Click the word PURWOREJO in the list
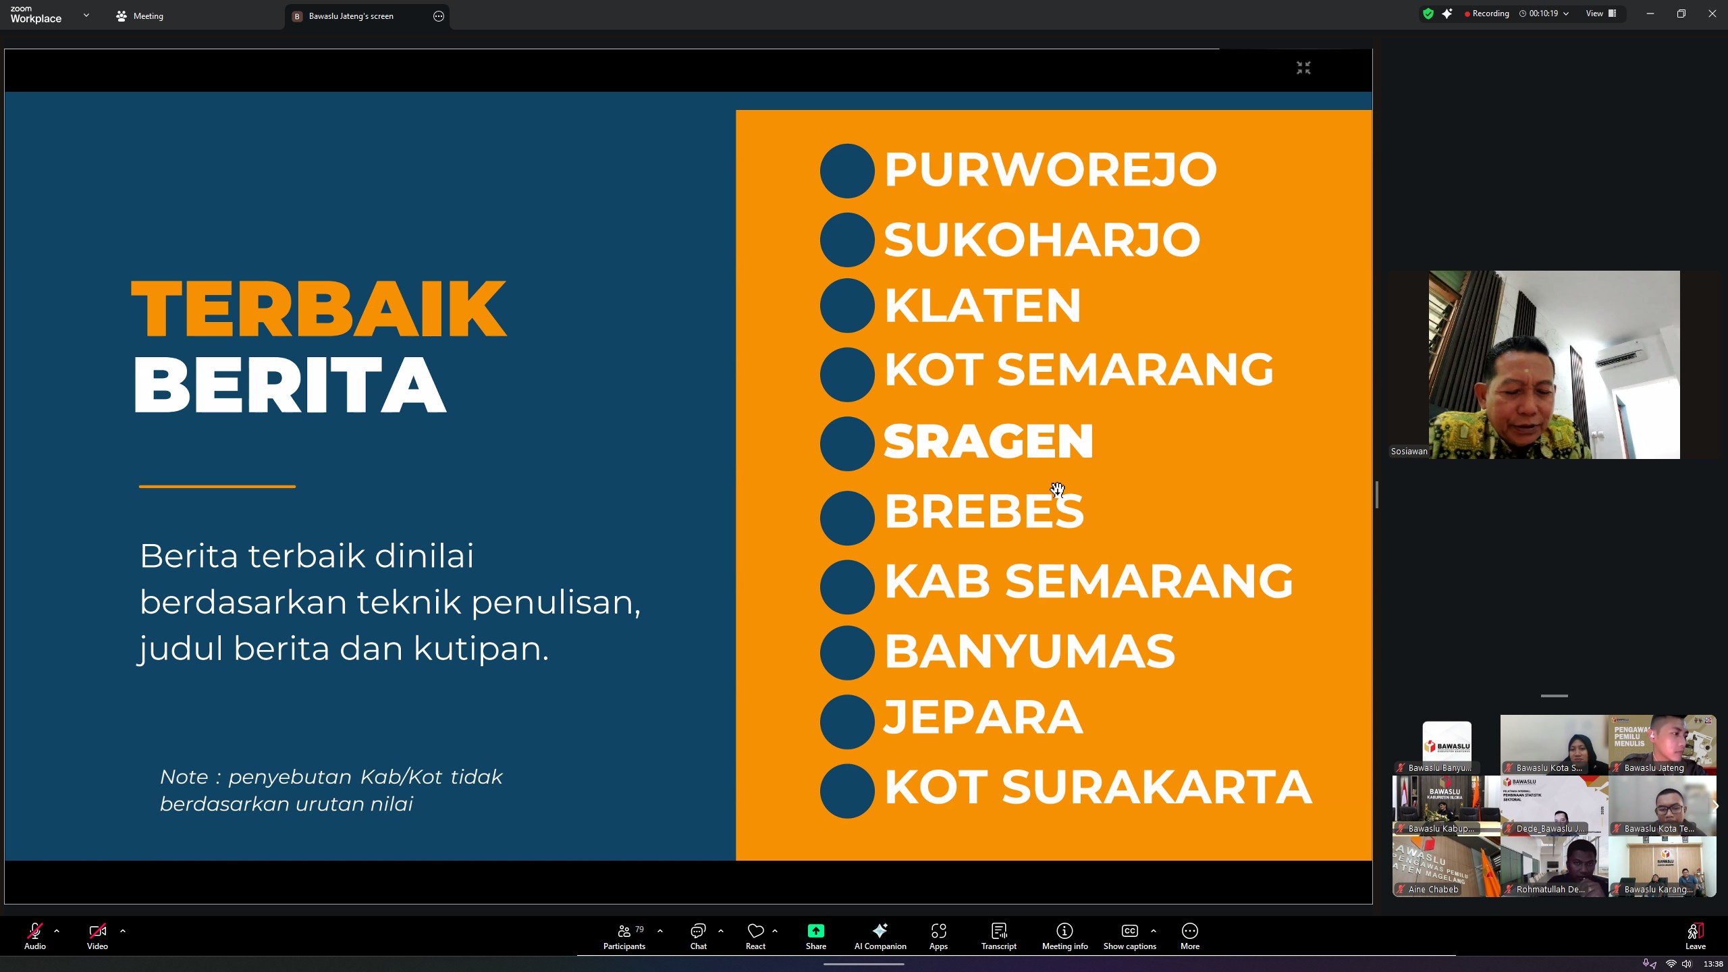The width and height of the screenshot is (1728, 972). tap(1050, 169)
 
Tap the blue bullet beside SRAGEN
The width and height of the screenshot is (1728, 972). tap(847, 443)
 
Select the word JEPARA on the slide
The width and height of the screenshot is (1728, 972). tap(983, 717)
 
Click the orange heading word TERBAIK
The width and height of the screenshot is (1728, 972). tap(319, 308)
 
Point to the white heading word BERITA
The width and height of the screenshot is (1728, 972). tap(290, 385)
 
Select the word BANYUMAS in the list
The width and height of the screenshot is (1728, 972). tap(1029, 651)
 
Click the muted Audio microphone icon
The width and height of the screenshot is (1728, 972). tap(34, 932)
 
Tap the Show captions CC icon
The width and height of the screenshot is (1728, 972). tap(1129, 932)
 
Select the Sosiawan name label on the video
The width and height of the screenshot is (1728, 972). tap(1409, 452)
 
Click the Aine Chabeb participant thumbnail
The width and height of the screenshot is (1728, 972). tap(1446, 867)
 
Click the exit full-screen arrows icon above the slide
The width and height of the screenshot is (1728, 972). tap(1303, 67)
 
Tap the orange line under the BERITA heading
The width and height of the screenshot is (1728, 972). tap(217, 486)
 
